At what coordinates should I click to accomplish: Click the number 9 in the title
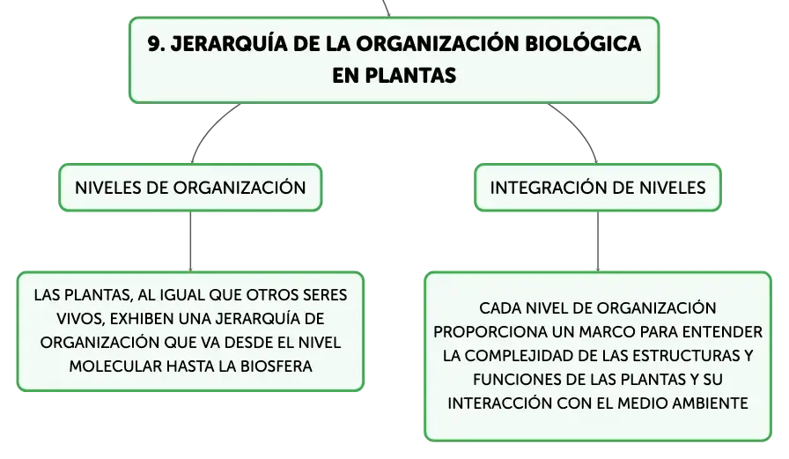[x=155, y=44]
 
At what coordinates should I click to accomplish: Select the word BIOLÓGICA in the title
[x=583, y=43]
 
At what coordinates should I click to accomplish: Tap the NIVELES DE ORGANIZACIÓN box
[x=190, y=188]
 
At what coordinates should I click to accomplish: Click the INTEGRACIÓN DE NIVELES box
[x=598, y=188]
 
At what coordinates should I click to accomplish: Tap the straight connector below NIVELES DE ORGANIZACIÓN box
[x=190, y=241]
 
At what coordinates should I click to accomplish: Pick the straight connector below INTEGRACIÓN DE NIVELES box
[x=598, y=241]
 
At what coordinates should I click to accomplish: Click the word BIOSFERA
[x=277, y=366]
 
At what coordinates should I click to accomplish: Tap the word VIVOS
[x=80, y=320]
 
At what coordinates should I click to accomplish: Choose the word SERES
[x=325, y=295]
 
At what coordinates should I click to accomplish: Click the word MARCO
[x=615, y=332]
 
